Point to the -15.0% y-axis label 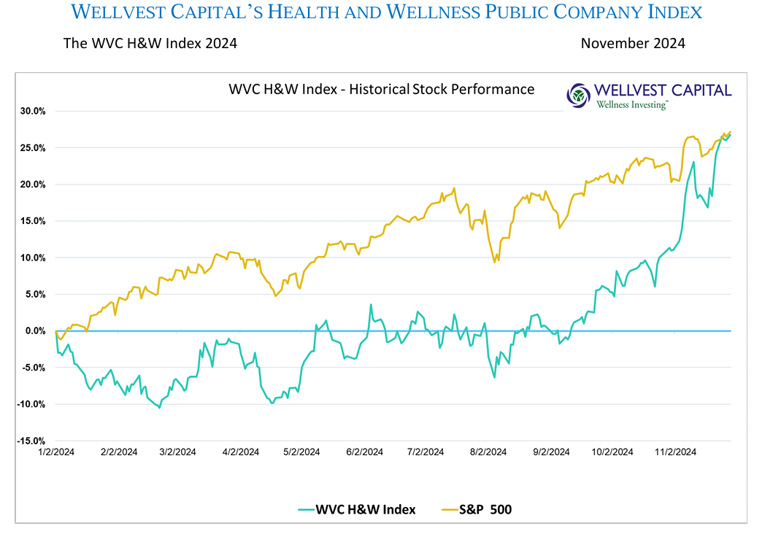pos(32,441)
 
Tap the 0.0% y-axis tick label pos(35,331)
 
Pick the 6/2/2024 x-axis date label pos(365,452)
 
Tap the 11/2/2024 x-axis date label pos(675,452)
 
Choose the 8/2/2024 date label pos(489,452)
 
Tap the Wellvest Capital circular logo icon pos(580,95)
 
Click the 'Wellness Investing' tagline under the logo pos(631,105)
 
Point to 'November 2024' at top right pos(633,43)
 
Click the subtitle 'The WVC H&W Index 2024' pos(150,43)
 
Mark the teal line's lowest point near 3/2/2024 pos(159,407)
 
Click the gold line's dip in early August pos(495,261)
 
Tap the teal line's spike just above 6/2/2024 pos(371,305)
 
